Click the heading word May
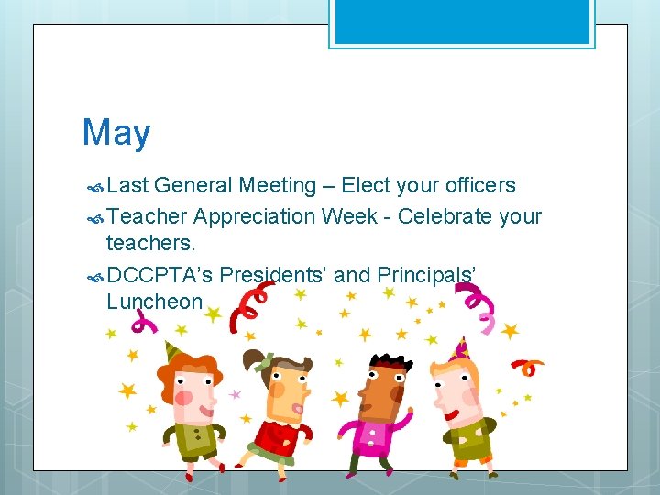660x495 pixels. coord(116,133)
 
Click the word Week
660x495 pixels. coord(356,217)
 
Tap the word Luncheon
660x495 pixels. coord(154,301)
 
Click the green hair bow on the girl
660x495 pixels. coord(265,362)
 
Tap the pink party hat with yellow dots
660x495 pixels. coord(459,348)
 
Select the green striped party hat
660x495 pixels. coord(172,351)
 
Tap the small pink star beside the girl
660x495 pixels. coord(236,394)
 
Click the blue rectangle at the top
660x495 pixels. coord(462,22)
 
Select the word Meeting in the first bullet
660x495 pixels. coord(277,186)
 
